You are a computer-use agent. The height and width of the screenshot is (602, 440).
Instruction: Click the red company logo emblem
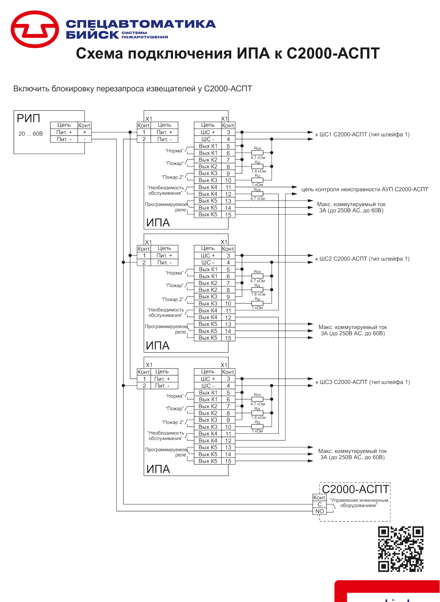(35, 29)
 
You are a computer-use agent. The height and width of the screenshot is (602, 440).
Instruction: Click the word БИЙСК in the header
(92, 35)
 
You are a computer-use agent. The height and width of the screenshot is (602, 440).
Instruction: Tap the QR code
(401, 549)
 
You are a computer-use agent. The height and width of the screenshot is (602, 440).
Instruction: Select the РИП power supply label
(28, 118)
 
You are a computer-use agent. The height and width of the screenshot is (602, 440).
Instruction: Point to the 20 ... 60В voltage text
(30, 133)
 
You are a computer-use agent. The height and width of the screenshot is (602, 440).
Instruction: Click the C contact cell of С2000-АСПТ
(319, 504)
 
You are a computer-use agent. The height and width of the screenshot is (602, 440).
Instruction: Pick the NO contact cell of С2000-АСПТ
(319, 511)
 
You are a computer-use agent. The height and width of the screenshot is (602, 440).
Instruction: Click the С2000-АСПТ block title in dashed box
(355, 489)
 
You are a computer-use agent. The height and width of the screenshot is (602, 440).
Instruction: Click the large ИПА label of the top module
(158, 223)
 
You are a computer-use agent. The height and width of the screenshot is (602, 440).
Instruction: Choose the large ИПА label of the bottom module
(158, 469)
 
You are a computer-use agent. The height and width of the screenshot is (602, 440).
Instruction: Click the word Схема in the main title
(99, 53)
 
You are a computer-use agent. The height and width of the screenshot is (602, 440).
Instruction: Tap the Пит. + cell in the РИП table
(64, 132)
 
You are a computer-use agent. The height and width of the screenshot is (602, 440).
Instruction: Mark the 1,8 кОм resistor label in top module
(258, 171)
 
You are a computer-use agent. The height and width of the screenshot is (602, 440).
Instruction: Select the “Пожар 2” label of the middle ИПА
(172, 299)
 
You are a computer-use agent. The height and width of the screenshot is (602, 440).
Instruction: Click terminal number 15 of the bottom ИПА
(228, 461)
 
